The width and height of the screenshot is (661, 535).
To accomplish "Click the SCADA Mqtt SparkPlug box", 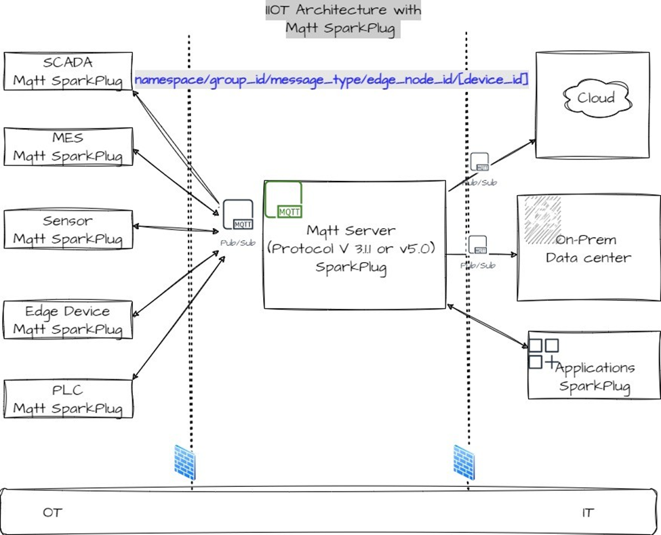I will point(68,71).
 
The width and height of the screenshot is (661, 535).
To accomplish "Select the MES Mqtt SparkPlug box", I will point(68,147).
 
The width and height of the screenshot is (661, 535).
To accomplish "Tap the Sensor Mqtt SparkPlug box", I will point(68,230).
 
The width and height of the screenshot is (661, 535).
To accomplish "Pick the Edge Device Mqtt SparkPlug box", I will point(68,320).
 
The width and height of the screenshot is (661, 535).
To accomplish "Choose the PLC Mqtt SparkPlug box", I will point(68,400).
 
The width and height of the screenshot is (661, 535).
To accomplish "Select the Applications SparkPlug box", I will point(594,377).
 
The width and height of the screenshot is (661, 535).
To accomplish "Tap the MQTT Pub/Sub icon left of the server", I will point(238,215).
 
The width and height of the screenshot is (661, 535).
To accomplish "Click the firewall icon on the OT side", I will point(184,463).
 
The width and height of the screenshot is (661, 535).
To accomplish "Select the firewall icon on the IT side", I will point(464,463).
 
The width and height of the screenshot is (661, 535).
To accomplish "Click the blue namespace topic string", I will point(332,80).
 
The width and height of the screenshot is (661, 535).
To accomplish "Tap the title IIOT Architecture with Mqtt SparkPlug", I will point(343,20).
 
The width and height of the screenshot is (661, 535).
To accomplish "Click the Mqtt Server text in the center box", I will point(350,231).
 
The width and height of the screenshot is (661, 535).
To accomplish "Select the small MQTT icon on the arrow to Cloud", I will point(479,163).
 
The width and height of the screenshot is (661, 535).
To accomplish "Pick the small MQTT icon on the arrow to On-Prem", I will point(478,245).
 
